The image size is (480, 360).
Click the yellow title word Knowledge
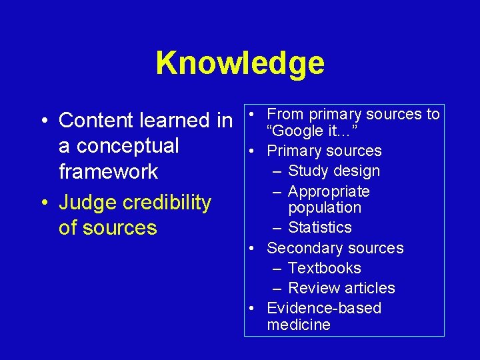(240, 63)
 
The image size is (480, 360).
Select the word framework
(108, 171)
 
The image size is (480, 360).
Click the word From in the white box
(285, 115)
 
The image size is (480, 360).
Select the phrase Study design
(333, 171)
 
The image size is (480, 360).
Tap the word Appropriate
(329, 192)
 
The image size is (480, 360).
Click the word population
(325, 207)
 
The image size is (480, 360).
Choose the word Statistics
(319, 228)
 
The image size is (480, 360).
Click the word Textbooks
(324, 268)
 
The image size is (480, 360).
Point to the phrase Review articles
(341, 288)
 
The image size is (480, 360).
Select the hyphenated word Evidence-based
(324, 308)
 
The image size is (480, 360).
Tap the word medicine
(299, 325)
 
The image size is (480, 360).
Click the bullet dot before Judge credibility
(42, 203)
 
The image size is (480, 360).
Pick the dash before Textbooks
(277, 268)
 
